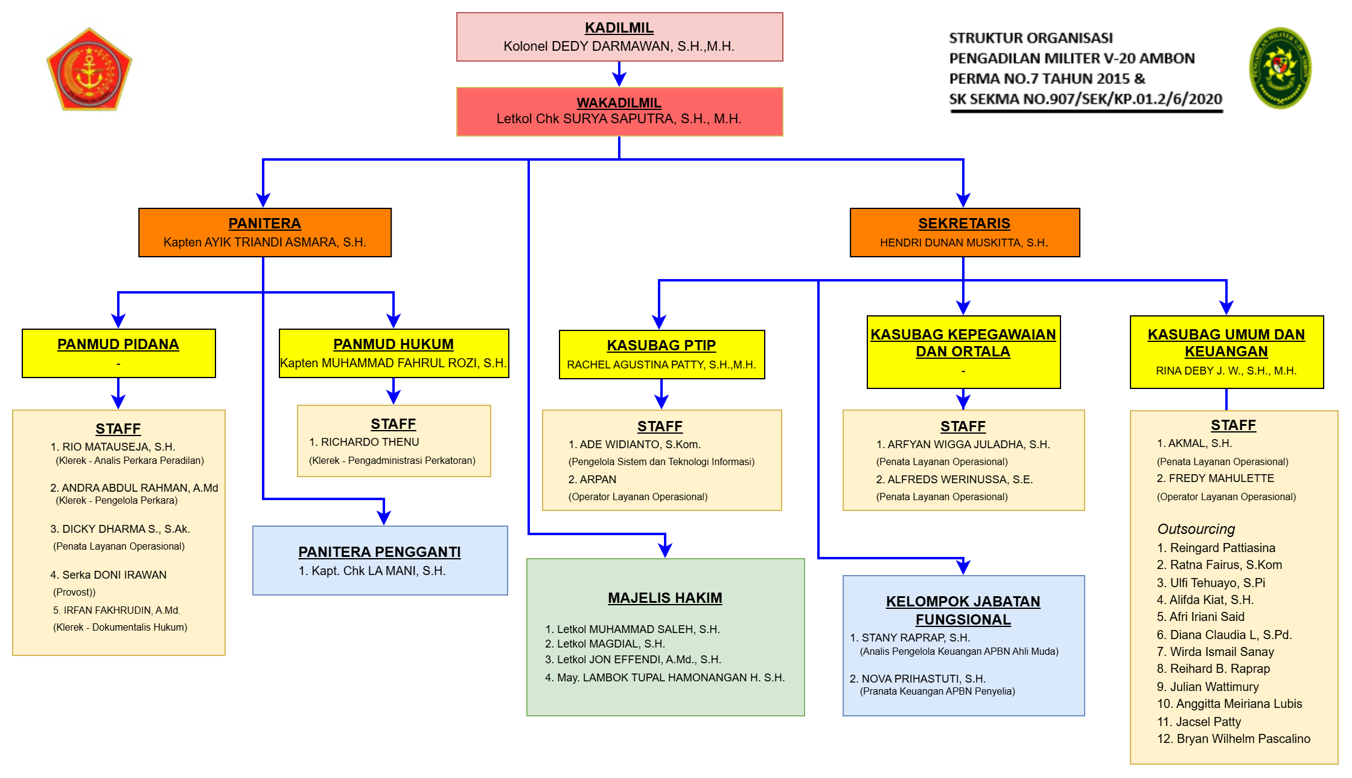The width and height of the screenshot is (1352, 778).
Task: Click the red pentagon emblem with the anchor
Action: pyautogui.click(x=89, y=69)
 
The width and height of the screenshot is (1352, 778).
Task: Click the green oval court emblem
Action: pyautogui.click(x=1280, y=68)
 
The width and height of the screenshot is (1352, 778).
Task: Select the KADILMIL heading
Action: pyautogui.click(x=619, y=28)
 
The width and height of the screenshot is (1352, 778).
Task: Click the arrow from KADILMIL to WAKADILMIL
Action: pyautogui.click(x=619, y=74)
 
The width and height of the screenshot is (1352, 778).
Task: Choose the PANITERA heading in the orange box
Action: pyautogui.click(x=264, y=223)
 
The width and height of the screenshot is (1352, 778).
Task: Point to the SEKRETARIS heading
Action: pyautogui.click(x=964, y=223)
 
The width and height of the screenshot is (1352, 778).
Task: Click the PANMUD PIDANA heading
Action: pyautogui.click(x=118, y=344)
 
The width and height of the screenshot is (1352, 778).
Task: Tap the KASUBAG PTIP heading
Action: pyautogui.click(x=662, y=346)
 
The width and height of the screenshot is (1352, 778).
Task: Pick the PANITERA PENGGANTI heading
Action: pyautogui.click(x=380, y=552)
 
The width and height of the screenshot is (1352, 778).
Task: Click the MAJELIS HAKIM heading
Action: pyautogui.click(x=665, y=598)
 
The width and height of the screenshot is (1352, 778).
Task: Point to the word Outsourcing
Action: pyautogui.click(x=1196, y=529)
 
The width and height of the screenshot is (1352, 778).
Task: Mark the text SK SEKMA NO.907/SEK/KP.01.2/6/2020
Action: pyautogui.click(x=1086, y=99)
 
